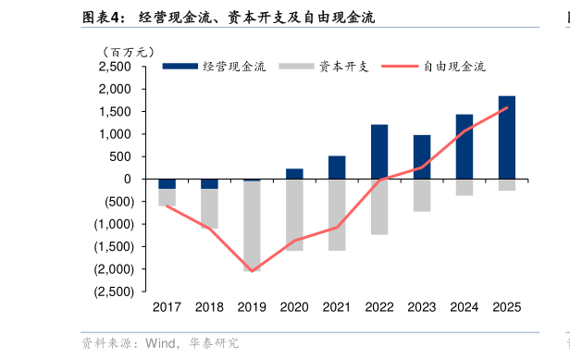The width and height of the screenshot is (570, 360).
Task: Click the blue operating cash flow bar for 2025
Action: [x=507, y=137]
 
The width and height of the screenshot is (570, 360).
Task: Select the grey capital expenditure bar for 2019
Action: [x=252, y=226]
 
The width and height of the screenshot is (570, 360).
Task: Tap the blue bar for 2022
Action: [x=379, y=151]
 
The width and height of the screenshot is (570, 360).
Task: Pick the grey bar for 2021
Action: [x=337, y=215]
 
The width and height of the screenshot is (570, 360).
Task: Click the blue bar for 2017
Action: [x=167, y=183]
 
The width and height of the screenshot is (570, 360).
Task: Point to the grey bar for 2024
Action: [x=465, y=187]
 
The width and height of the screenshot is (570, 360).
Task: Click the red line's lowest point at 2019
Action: [x=252, y=271]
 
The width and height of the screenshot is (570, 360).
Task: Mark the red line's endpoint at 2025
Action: [x=507, y=107]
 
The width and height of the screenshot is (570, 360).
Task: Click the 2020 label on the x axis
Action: [x=294, y=307]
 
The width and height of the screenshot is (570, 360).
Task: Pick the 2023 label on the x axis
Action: [x=422, y=307]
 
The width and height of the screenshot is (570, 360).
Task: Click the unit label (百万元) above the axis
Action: [x=128, y=52]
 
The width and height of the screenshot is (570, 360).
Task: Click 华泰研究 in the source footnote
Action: [x=214, y=343]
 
